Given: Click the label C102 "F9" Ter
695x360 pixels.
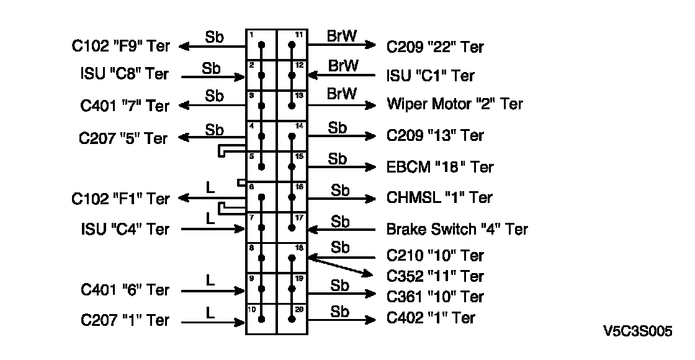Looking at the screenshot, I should coord(120,46).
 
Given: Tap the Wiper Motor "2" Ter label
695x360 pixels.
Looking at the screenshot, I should coord(455,104).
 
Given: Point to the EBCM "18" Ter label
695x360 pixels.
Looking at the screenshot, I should coord(440,167).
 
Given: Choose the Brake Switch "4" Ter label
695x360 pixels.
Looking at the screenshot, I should coord(457,229).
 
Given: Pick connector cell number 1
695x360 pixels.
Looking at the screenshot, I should coord(261,45).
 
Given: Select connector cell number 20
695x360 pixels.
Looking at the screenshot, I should coord(291,320).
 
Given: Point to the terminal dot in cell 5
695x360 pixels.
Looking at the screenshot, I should coord(261,166).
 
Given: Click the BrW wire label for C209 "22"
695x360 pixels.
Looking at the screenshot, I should coord(342,36).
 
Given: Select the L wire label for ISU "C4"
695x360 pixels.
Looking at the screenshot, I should coord(210,218).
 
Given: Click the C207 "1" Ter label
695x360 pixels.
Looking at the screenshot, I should coord(125,320).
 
